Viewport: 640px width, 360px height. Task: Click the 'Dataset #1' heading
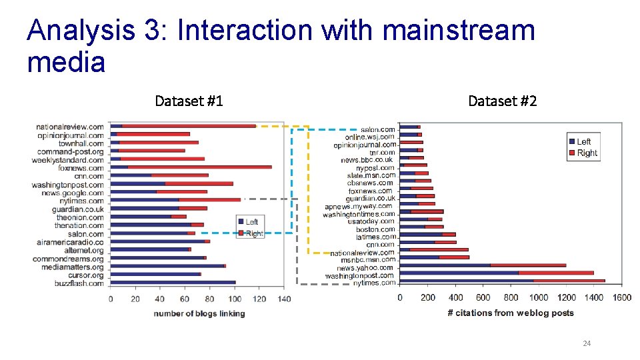(189, 101)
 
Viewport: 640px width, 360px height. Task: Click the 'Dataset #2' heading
(502, 101)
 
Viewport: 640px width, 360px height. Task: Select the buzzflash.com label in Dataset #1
(79, 283)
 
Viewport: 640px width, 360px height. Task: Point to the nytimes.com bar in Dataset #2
(502, 281)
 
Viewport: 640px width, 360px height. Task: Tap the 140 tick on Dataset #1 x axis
(283, 299)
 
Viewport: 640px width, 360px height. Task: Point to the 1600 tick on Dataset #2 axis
(621, 297)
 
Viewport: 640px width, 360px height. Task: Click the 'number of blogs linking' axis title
(199, 313)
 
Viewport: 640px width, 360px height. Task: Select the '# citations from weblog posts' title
(510, 313)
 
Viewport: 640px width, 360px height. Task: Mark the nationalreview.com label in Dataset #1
(70, 127)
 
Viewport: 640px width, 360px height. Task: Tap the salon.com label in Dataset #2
(377, 129)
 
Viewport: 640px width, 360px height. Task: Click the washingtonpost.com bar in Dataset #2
(497, 273)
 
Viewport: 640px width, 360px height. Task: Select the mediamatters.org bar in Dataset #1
(168, 266)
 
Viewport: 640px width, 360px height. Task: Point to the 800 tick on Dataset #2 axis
(511, 297)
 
